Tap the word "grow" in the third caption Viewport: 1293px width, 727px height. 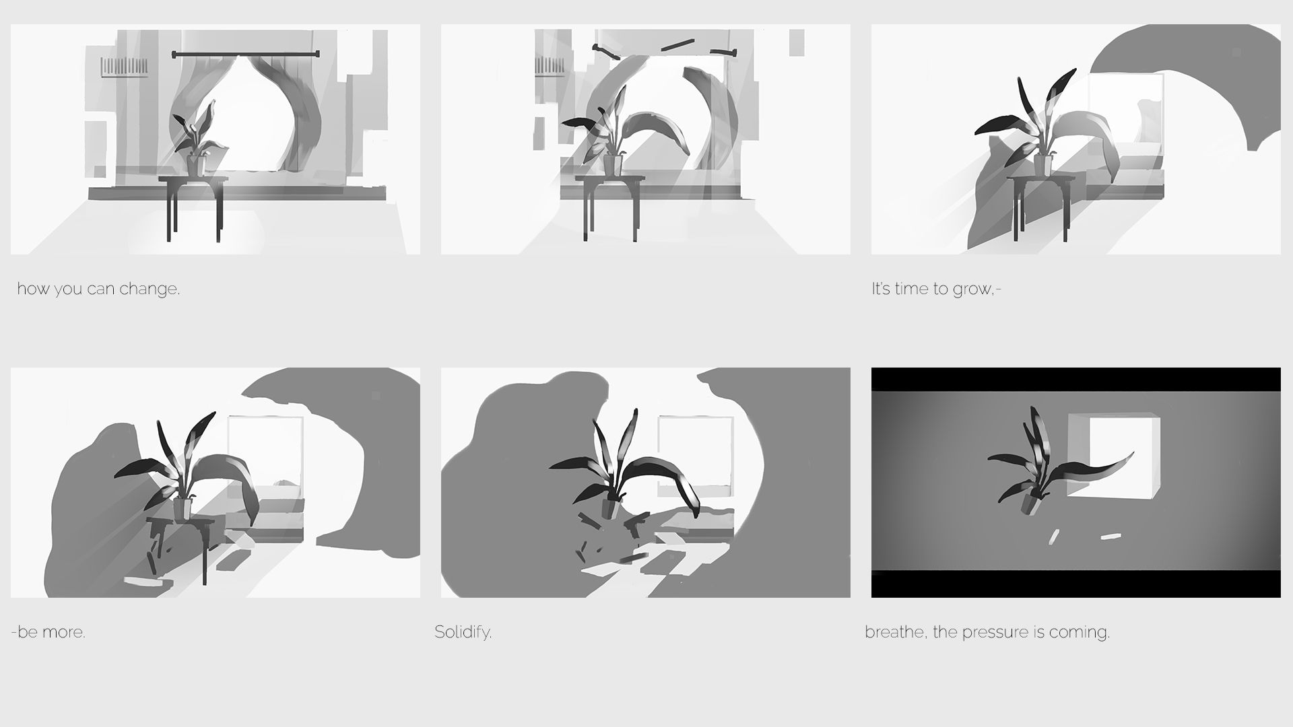pyautogui.click(x=970, y=289)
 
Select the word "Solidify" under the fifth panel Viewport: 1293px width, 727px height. pyautogui.click(x=463, y=632)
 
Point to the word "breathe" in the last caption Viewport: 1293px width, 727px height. pyautogui.click(x=895, y=632)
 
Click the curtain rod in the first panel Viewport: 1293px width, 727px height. pyautogui.click(x=245, y=54)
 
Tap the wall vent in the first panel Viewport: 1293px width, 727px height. pyautogui.click(x=124, y=67)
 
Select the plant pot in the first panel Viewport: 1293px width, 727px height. pyautogui.click(x=196, y=166)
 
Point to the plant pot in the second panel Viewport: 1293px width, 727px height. pyautogui.click(x=612, y=165)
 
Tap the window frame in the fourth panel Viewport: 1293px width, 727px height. pyautogui.click(x=265, y=451)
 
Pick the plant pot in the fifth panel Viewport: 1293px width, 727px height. pyautogui.click(x=609, y=507)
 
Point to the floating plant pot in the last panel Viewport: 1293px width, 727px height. pyautogui.click(x=1030, y=504)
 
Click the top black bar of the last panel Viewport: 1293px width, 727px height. pyautogui.click(x=1075, y=379)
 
